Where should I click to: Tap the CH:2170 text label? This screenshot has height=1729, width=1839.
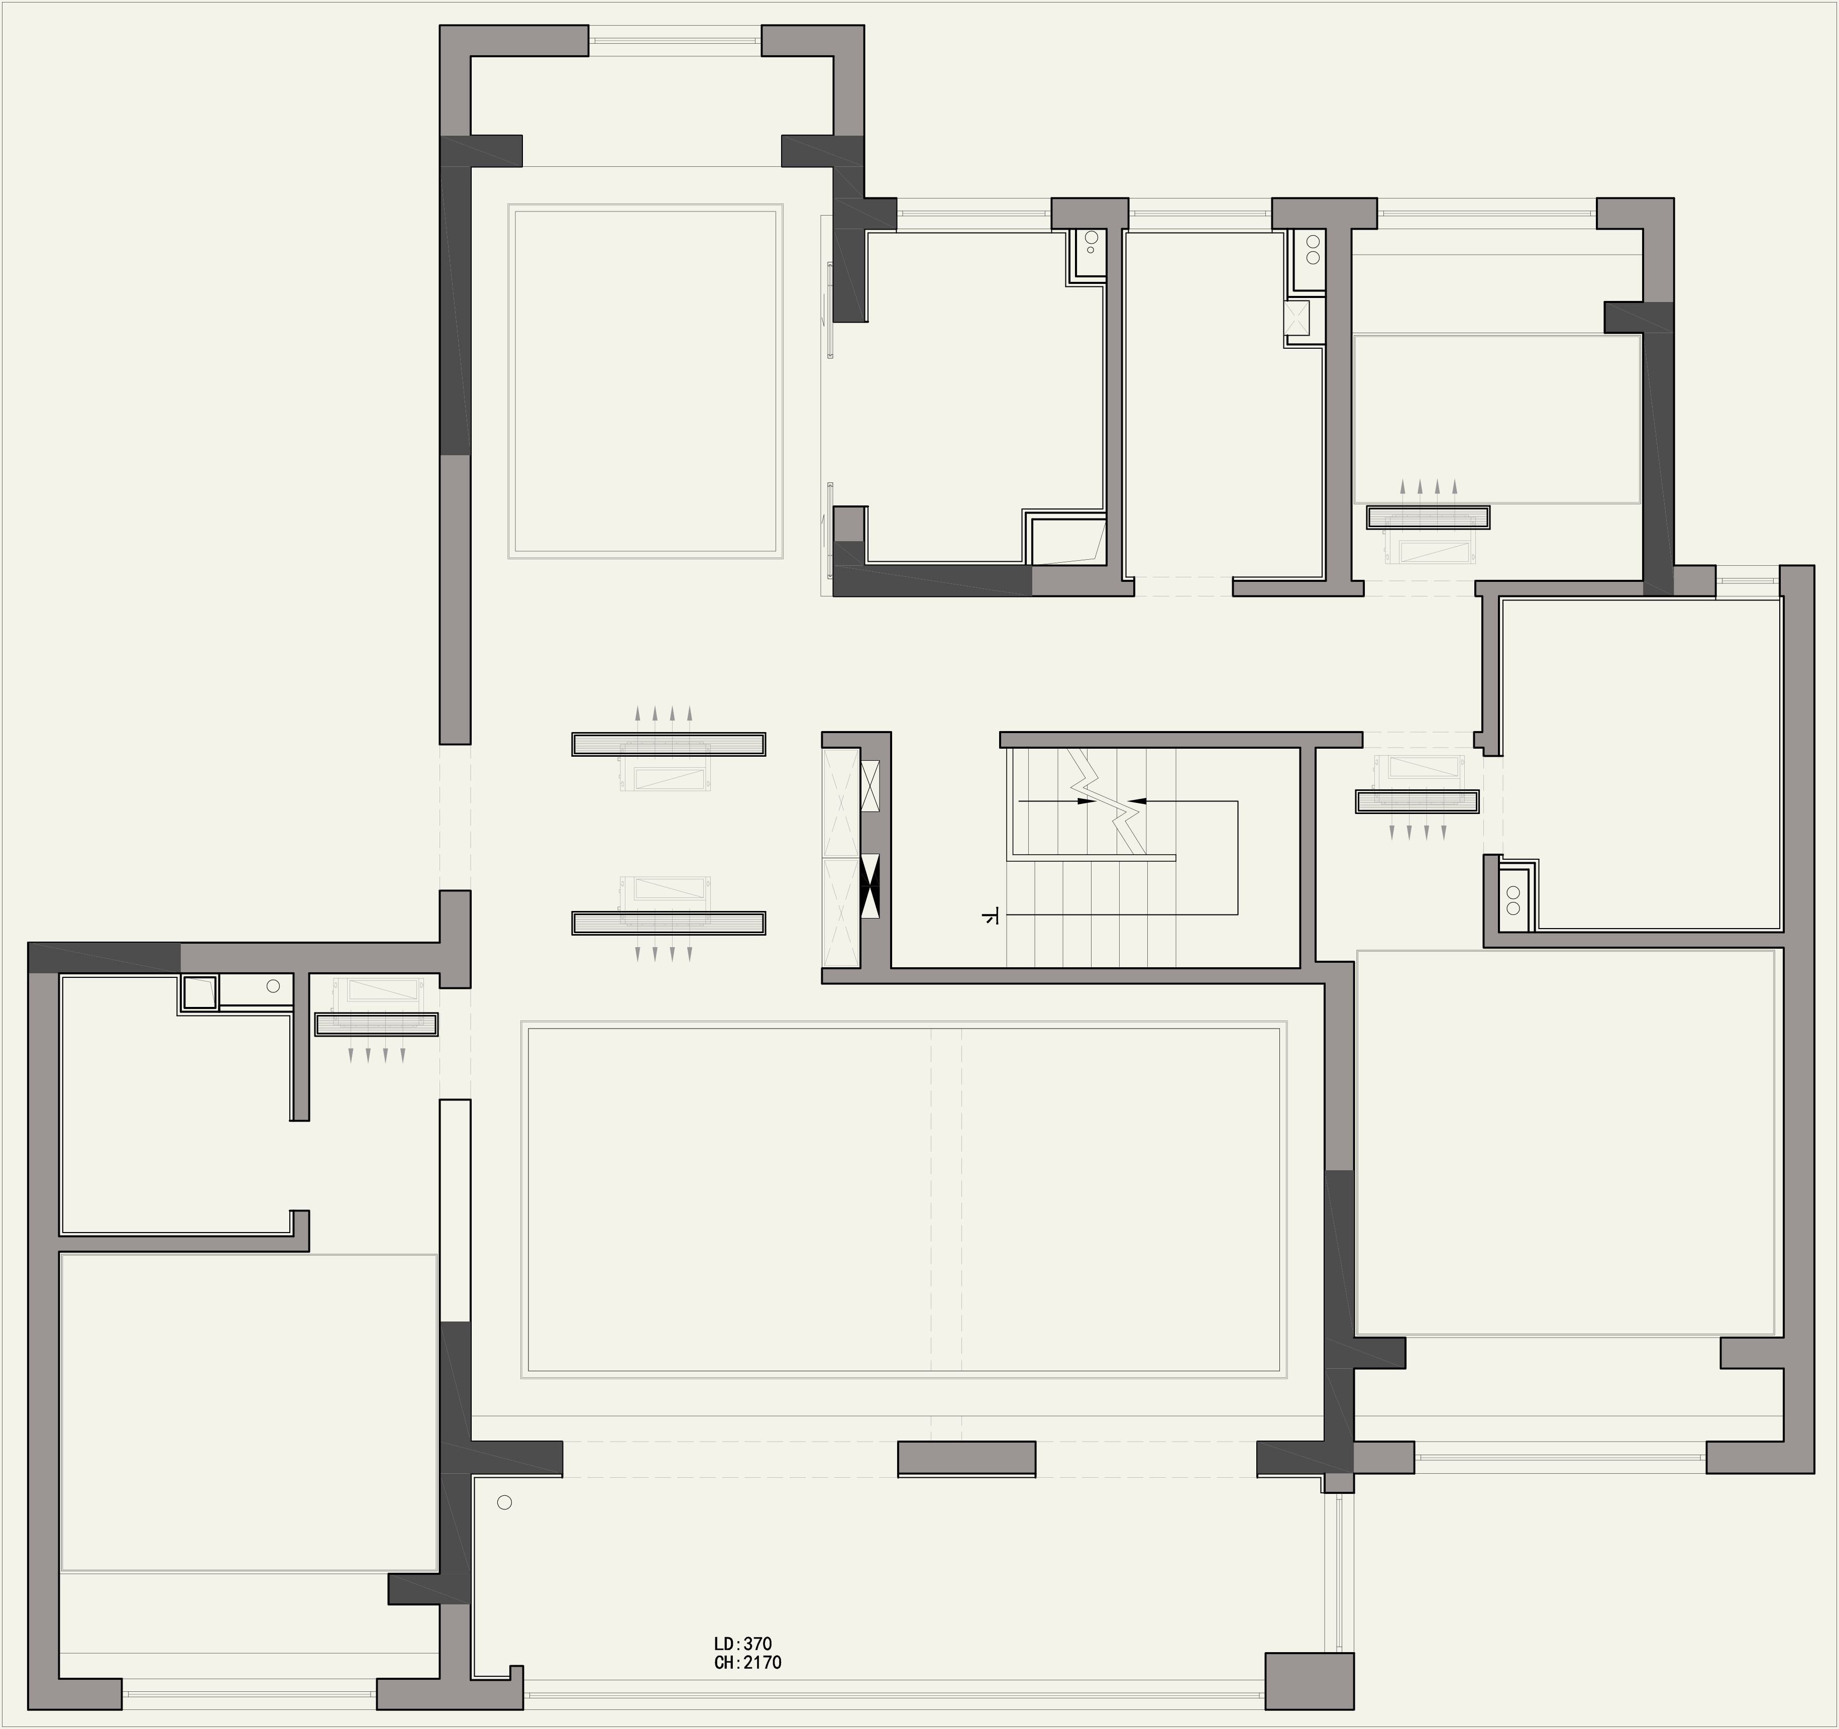pos(747,1662)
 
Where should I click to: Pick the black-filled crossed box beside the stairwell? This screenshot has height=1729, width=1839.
pos(870,886)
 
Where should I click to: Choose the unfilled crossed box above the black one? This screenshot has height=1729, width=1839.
pos(870,786)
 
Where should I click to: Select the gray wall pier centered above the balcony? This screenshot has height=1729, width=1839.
pos(966,1459)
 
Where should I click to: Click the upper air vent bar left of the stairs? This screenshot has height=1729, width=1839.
pos(668,744)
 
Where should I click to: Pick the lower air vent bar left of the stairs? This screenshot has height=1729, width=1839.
pos(668,923)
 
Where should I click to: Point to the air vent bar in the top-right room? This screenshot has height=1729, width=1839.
pos(1428,517)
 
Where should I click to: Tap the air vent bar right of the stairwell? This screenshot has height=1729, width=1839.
pos(1417,802)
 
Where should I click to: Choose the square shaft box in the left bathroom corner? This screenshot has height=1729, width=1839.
pos(199,992)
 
